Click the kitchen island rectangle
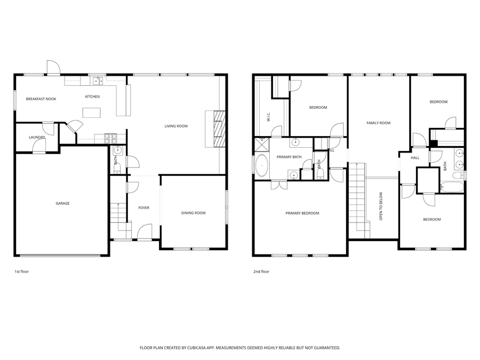92,113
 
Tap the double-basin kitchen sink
98,81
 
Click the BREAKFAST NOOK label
41,99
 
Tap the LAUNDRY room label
37,138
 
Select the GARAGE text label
63,203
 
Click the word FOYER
144,207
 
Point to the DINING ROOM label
193,213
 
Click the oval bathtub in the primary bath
262,166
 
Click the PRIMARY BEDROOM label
302,213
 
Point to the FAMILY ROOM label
378,123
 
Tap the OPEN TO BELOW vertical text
381,206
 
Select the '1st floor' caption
21,271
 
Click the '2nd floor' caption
261,271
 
